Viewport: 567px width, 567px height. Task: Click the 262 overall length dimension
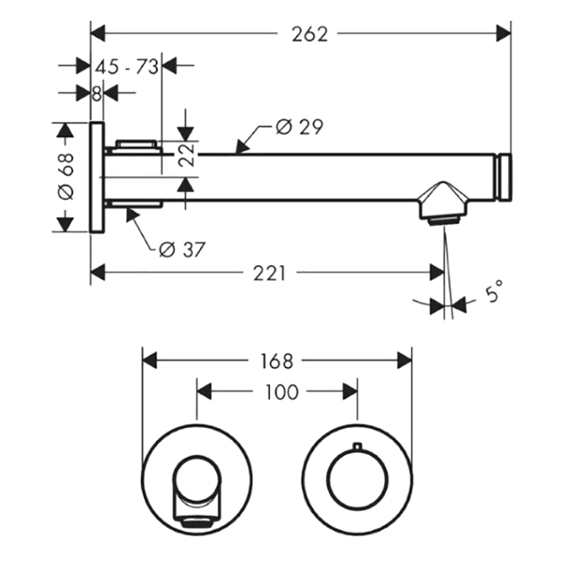click(310, 34)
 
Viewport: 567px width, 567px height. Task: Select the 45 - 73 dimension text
click(127, 67)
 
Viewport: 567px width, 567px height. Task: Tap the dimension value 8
click(96, 94)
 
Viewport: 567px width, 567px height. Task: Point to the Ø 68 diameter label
click(66, 176)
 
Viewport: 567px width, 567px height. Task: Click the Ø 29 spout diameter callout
click(299, 127)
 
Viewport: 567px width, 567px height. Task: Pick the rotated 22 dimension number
click(187, 155)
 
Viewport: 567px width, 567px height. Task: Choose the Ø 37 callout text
click(182, 249)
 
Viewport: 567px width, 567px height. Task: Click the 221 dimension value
click(269, 273)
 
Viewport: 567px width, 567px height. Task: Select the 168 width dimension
click(276, 361)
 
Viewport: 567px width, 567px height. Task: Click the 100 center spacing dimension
click(282, 392)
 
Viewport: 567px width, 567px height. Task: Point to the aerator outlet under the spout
click(444, 220)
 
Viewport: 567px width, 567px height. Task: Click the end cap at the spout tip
click(505, 177)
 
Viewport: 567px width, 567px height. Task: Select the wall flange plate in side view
click(97, 176)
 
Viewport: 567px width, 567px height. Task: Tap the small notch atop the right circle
click(357, 446)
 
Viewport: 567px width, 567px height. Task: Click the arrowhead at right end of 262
click(504, 33)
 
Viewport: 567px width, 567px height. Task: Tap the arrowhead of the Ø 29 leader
click(242, 147)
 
